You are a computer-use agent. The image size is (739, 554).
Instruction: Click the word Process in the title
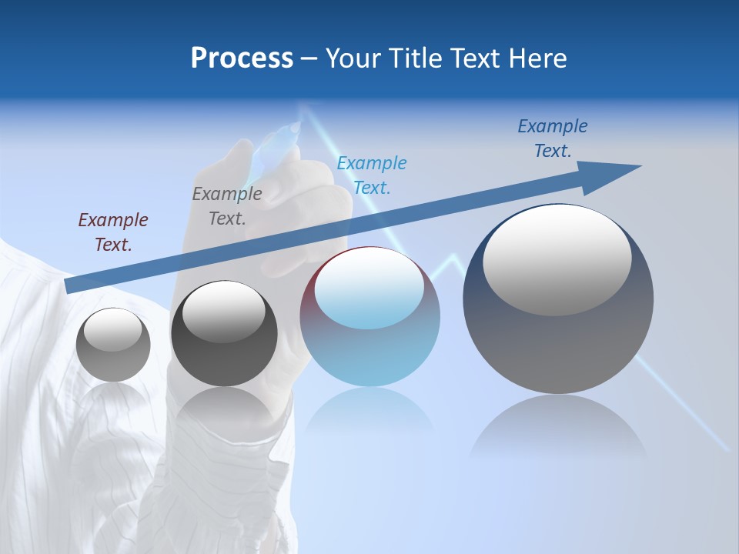tap(242, 58)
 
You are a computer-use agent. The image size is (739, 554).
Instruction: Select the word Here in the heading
tap(537, 58)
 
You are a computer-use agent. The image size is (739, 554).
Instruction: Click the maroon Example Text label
tap(113, 232)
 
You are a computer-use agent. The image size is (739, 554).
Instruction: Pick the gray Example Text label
tap(227, 206)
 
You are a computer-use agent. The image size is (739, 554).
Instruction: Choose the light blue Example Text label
tap(372, 175)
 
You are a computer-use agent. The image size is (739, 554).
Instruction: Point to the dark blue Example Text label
tap(553, 138)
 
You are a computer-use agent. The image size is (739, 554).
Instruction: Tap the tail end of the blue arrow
tap(69, 286)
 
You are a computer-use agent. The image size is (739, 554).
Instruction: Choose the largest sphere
tap(558, 339)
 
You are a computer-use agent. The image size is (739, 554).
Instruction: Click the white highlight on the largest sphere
tap(557, 258)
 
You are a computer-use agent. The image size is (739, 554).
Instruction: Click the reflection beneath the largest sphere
tap(559, 427)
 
